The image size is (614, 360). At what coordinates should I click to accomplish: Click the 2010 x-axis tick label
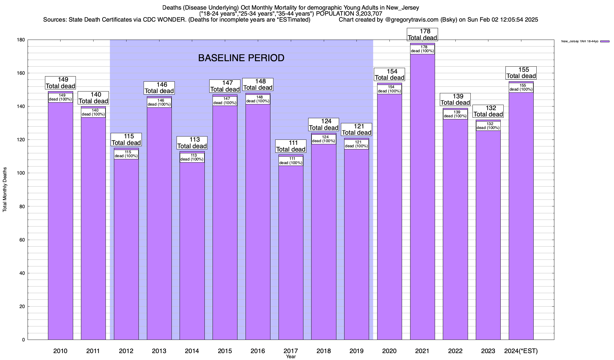tap(60, 351)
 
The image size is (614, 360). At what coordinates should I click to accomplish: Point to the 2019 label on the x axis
tap(356, 351)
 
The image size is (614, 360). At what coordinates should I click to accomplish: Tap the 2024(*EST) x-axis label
tap(521, 351)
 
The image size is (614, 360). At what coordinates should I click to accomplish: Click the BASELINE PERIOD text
tap(241, 58)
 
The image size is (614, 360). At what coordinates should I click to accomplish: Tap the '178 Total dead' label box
tap(422, 34)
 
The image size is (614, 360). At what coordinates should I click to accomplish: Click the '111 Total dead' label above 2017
tap(291, 146)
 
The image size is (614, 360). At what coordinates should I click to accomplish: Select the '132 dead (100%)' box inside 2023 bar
tap(488, 126)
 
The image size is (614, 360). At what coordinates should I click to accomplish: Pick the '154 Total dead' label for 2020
tap(389, 74)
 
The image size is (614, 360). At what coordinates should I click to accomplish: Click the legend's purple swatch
tap(605, 41)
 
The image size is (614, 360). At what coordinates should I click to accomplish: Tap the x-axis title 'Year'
tap(291, 357)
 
